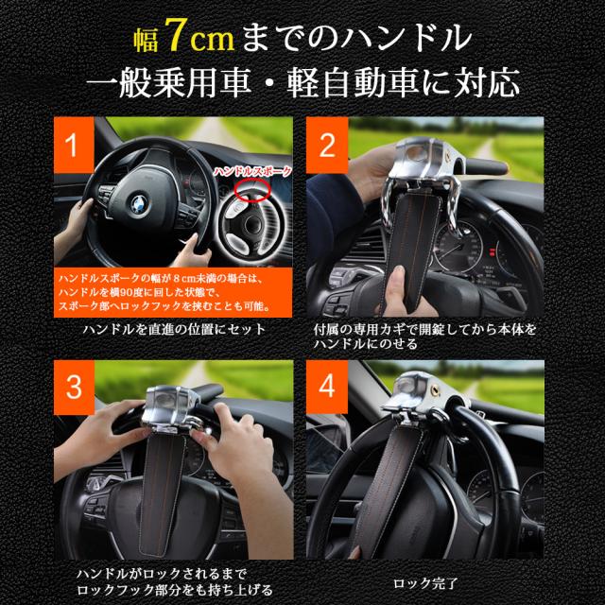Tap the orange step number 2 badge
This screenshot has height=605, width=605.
(328, 148)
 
